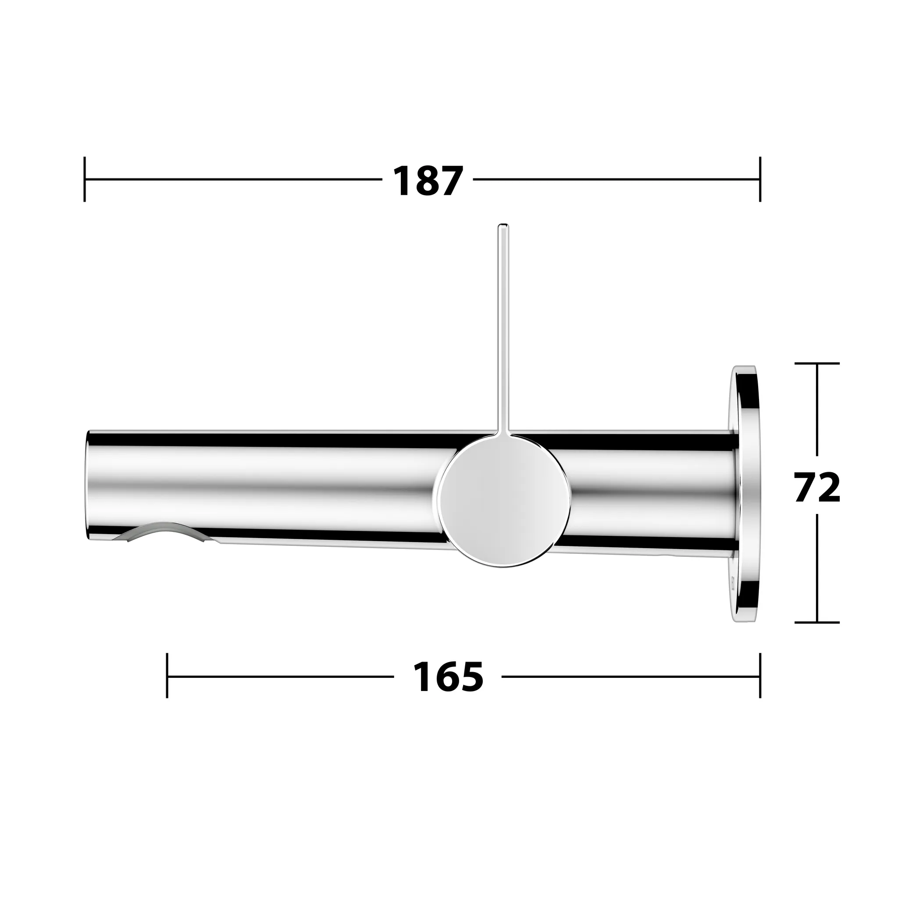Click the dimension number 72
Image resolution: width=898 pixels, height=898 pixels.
[x=817, y=488]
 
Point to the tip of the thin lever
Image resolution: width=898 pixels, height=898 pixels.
[x=503, y=227]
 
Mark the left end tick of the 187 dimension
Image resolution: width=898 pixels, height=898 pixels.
[x=85, y=179]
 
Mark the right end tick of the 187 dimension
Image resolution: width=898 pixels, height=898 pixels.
[x=760, y=179]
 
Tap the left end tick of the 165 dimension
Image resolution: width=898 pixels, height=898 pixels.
[x=167, y=676]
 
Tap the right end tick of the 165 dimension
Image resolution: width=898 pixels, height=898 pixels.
[x=760, y=676]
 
